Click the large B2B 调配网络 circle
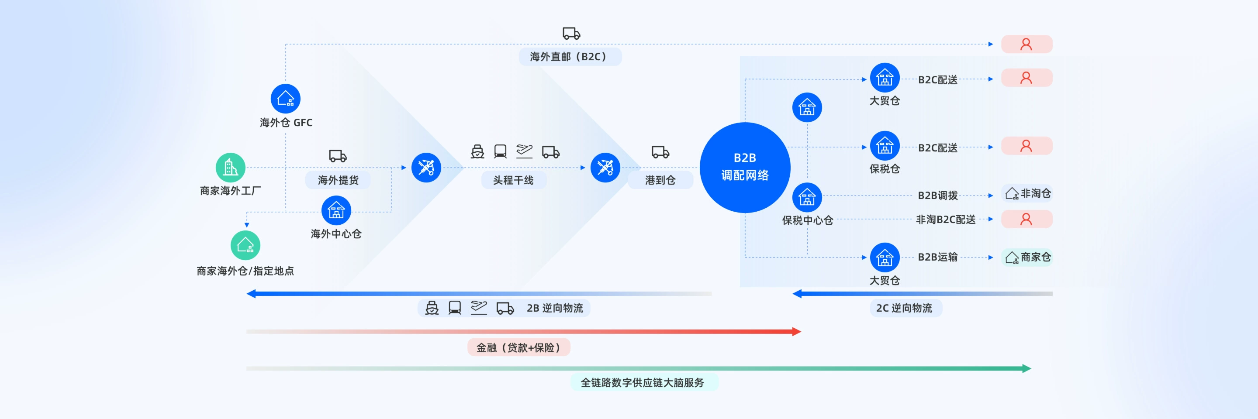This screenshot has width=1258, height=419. [x=745, y=167]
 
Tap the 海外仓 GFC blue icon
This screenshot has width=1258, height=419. [x=286, y=99]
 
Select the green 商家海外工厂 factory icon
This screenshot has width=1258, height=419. [x=231, y=167]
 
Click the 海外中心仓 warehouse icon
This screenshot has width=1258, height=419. [x=336, y=210]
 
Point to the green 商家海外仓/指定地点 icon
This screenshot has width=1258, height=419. [x=245, y=245]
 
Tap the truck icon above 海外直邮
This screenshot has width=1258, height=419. [x=571, y=33]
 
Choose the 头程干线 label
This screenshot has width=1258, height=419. [x=513, y=180]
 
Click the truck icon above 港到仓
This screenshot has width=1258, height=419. [x=660, y=152]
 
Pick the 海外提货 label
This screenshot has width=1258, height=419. [x=338, y=180]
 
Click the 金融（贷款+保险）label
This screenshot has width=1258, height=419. [x=518, y=347]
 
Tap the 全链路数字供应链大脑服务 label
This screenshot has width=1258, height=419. [x=642, y=382]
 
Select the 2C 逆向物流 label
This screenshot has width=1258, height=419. [x=905, y=308]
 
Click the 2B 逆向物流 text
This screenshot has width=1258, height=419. [x=555, y=308]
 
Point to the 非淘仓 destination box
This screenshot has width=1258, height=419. [x=1027, y=194]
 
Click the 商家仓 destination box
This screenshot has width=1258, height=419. [x=1027, y=257]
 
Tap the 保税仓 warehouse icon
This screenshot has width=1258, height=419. [x=885, y=145]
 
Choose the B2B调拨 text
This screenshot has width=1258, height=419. [x=938, y=196]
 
